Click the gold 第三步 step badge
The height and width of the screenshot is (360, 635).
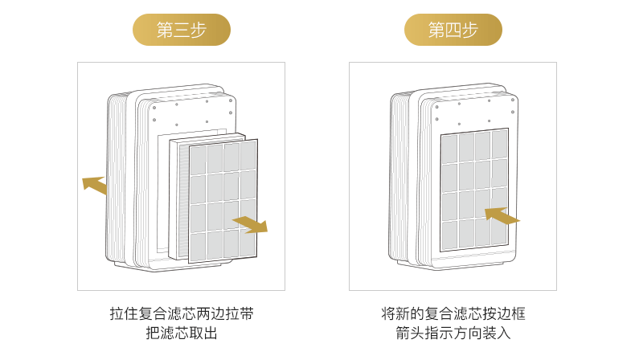(x=182, y=30)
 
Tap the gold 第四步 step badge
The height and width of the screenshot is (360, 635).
(x=453, y=30)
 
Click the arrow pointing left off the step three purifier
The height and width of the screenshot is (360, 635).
(x=95, y=185)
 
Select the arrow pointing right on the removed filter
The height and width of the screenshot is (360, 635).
(x=251, y=224)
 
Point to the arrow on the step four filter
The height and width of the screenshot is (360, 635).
(x=502, y=216)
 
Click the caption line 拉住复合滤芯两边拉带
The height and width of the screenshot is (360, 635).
(x=182, y=314)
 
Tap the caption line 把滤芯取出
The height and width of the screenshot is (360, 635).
(x=182, y=333)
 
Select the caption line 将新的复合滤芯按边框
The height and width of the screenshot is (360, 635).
(x=453, y=314)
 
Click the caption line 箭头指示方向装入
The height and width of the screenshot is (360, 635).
(x=453, y=333)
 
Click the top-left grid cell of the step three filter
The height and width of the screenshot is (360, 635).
(x=199, y=161)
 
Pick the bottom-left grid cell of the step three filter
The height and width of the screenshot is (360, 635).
(x=199, y=247)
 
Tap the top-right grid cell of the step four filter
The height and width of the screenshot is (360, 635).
(x=499, y=145)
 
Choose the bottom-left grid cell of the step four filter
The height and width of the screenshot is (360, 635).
(x=449, y=235)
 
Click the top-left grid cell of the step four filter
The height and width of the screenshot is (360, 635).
(x=449, y=149)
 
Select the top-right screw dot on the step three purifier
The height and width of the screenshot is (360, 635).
(x=231, y=100)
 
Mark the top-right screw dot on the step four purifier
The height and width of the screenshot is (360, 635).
(x=513, y=100)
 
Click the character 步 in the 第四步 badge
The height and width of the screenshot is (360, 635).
(x=469, y=30)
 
